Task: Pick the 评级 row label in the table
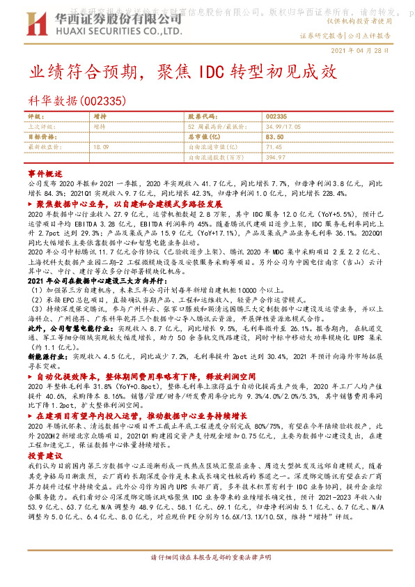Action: pyautogui.click(x=36, y=116)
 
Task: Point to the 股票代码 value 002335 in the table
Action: pyautogui.click(x=276, y=116)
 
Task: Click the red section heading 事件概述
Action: pyautogui.click(x=45, y=172)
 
